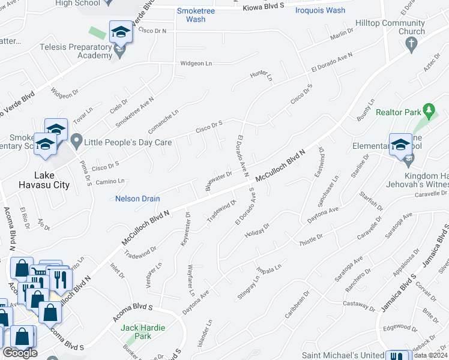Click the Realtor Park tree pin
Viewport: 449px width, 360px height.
[428, 111]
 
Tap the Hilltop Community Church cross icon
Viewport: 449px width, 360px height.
[411, 43]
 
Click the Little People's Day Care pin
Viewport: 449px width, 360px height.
[76, 142]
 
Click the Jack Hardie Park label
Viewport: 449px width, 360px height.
[143, 332]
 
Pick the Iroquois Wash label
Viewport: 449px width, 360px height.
[320, 10]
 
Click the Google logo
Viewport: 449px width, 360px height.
[20, 353]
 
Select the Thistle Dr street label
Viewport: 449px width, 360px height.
[311, 237]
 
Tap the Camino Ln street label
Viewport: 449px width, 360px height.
[109, 181]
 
